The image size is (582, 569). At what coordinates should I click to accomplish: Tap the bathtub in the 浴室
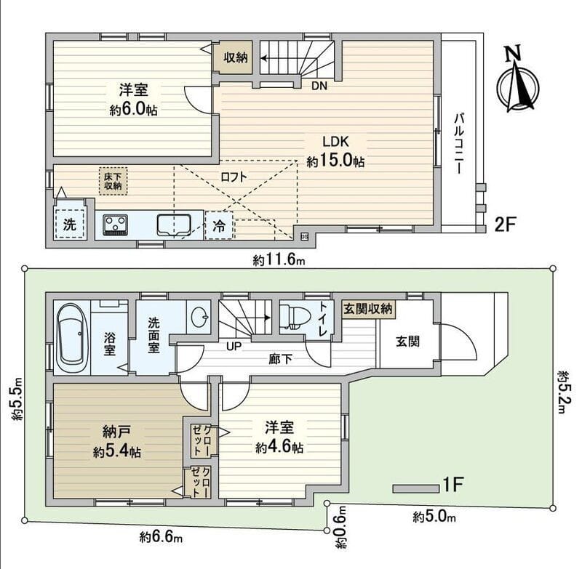click(x=71, y=337)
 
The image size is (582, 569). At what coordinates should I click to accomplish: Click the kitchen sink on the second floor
click(x=173, y=224)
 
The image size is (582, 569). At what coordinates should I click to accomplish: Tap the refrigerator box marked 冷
click(x=219, y=226)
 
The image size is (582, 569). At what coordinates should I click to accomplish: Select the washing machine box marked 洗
click(x=69, y=225)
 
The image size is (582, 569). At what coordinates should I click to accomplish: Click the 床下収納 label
click(x=111, y=180)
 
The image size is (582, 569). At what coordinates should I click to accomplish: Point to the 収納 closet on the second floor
click(x=234, y=57)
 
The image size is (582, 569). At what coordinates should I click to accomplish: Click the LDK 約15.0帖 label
click(x=335, y=151)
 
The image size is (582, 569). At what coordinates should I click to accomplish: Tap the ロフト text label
click(x=233, y=176)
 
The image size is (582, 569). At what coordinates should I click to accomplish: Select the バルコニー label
click(x=460, y=142)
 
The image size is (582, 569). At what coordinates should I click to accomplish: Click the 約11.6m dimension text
click(x=279, y=259)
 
